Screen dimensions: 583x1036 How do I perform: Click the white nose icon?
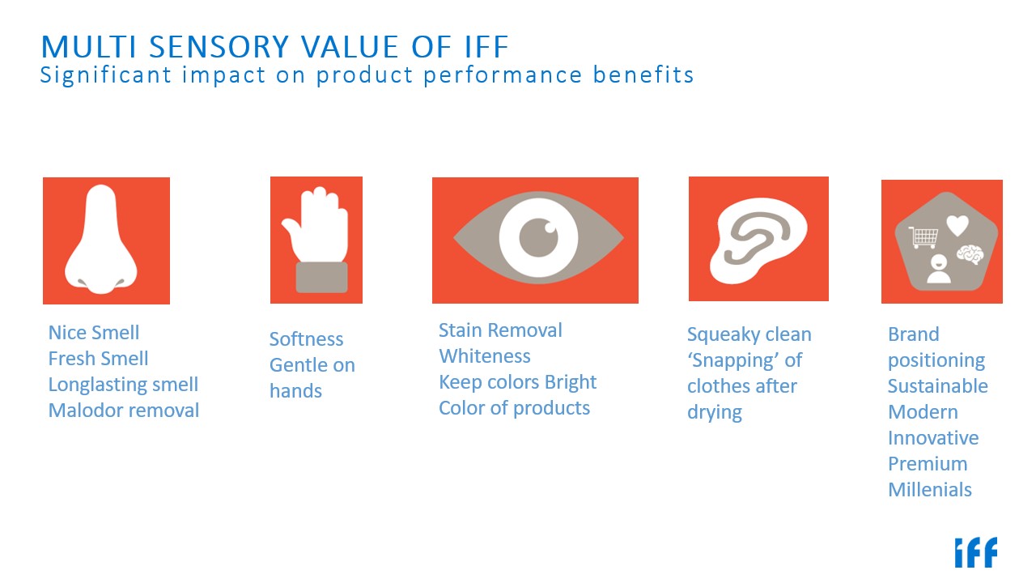[x=101, y=239]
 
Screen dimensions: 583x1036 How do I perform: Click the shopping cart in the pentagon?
[x=923, y=236]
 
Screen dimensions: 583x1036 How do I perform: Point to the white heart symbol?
[x=957, y=226]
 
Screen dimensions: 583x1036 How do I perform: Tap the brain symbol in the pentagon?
[x=970, y=254]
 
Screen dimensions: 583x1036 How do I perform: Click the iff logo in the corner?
[x=975, y=552]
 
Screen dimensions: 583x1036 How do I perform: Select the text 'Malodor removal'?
[x=124, y=411]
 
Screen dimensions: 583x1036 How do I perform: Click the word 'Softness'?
[x=306, y=339]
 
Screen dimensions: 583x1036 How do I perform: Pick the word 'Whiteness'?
[x=485, y=356]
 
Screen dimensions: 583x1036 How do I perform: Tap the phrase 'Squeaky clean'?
[x=749, y=334]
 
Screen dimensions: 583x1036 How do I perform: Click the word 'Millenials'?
[x=930, y=490]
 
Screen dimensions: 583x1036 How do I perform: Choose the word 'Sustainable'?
[x=938, y=386]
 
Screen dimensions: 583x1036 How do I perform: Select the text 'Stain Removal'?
[x=500, y=330]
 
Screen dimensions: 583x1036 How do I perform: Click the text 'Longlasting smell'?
[x=123, y=385]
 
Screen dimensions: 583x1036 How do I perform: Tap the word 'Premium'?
[x=928, y=464]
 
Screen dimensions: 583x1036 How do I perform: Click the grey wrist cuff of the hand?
[x=322, y=277]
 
